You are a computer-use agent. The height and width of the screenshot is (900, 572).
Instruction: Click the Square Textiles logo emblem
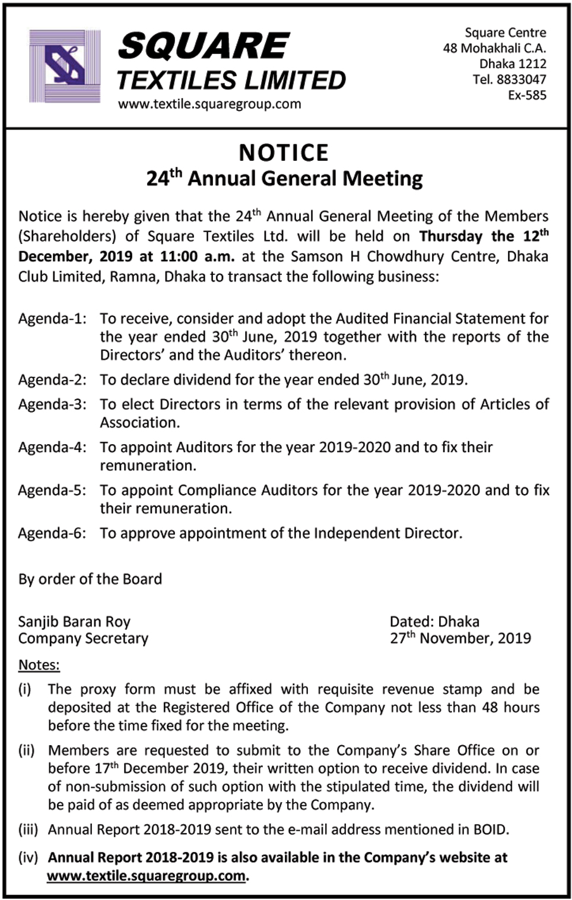click(65, 66)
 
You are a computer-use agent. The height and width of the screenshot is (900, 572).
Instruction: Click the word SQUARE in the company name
click(204, 46)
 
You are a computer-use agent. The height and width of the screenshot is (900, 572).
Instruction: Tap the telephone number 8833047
click(521, 80)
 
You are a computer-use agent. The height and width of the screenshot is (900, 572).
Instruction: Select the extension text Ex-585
click(527, 95)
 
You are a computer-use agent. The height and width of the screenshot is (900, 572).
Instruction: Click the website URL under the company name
click(209, 104)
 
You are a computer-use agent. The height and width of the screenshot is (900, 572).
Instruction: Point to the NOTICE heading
click(284, 153)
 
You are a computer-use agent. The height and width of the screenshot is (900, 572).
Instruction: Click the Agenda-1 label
click(52, 319)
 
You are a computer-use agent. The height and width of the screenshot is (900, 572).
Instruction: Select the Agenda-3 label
click(52, 404)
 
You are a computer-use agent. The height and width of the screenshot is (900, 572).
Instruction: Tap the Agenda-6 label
click(52, 533)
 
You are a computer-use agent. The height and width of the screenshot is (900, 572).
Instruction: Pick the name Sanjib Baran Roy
click(74, 622)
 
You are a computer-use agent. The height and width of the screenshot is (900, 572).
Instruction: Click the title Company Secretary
click(83, 638)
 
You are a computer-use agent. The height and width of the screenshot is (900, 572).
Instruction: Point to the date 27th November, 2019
click(460, 638)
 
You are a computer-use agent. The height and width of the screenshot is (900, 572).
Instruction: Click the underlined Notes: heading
click(39, 665)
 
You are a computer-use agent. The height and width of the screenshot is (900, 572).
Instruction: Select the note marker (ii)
click(27, 750)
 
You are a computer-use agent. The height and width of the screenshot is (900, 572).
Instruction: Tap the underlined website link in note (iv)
click(146, 876)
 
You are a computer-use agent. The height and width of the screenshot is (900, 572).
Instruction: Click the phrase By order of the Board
click(90, 579)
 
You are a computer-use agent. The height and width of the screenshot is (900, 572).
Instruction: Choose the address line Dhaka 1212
click(513, 64)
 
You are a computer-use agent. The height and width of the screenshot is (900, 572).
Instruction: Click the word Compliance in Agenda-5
click(218, 490)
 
